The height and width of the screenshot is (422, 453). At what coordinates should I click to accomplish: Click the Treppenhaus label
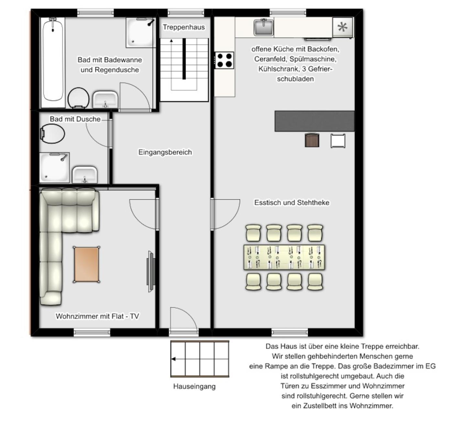[183, 27]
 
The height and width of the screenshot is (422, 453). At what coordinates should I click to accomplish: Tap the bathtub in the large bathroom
[53, 62]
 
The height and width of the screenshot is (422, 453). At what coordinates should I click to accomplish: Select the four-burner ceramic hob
[224, 60]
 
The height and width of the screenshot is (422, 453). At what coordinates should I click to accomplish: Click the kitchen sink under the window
[263, 28]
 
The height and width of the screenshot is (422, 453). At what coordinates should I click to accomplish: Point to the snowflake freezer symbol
[342, 27]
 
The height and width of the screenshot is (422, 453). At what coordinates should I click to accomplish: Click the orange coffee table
[86, 264]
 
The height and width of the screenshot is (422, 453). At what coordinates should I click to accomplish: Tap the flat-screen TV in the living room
[151, 272]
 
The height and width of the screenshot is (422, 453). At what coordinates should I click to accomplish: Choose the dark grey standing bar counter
[315, 121]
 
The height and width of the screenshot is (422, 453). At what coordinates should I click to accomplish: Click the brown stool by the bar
[312, 140]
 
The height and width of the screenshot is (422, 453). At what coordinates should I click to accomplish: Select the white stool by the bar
[338, 141]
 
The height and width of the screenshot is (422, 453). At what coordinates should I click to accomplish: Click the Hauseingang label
[194, 386]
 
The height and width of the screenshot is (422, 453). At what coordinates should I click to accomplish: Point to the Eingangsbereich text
[165, 152]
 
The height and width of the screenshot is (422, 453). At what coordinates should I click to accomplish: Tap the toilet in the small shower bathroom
[52, 134]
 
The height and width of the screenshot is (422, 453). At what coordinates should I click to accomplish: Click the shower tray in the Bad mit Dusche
[54, 168]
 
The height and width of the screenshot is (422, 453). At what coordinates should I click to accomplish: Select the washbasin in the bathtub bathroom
[105, 100]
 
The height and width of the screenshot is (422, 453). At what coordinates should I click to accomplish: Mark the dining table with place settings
[284, 258]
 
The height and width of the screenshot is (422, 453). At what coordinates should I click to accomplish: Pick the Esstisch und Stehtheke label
[292, 203]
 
